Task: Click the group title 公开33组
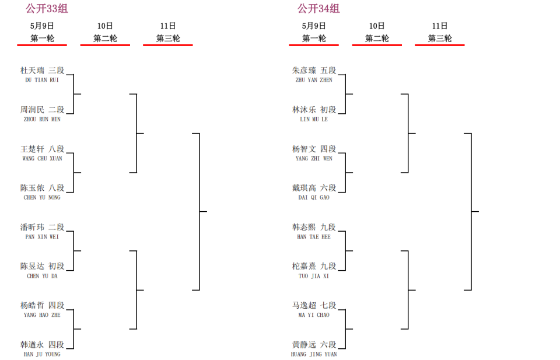tap(47, 8)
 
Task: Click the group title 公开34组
tap(318, 8)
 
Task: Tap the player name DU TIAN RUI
tap(42, 80)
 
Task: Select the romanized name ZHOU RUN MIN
tap(42, 119)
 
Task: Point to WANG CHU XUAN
tap(42, 159)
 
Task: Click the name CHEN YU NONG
tap(42, 197)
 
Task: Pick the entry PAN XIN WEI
tap(42, 237)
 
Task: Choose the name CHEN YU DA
tap(42, 276)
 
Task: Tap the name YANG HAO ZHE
tap(42, 315)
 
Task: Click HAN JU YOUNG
tap(42, 354)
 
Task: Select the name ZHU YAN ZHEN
tap(314, 80)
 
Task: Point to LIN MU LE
tap(314, 119)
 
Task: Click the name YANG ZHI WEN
tap(314, 159)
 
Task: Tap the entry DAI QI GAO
tap(314, 197)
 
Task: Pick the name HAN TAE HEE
tap(314, 237)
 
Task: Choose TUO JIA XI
tap(314, 276)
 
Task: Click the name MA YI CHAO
tap(314, 315)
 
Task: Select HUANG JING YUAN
tap(314, 354)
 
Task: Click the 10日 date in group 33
tap(105, 26)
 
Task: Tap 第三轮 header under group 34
tap(440, 38)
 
